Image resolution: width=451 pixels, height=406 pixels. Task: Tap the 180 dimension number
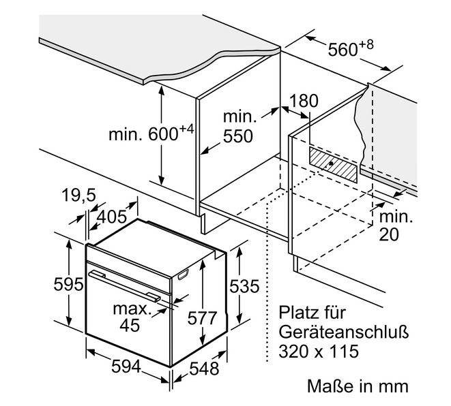pos(304,101)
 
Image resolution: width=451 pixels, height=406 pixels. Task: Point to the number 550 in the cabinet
pos(238,136)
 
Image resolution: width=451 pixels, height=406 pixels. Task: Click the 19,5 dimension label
pos(78,196)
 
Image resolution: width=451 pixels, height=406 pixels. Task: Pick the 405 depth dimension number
pos(112,217)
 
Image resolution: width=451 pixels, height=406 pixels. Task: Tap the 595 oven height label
pos(68,285)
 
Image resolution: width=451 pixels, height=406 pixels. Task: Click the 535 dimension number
pos(244,286)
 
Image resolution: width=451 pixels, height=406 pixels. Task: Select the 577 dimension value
pos(202,318)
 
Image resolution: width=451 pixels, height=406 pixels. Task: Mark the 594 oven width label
pos(126,366)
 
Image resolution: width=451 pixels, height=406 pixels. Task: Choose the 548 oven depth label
pos(204,369)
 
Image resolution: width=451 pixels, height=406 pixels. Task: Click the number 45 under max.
pos(130,326)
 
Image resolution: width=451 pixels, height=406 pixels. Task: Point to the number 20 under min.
pos(389,234)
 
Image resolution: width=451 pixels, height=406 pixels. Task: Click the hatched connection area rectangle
pos(333,165)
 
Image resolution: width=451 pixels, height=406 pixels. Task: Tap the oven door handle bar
pos(125,286)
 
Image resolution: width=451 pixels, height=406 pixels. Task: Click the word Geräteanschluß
pos(344,332)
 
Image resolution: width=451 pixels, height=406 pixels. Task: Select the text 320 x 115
pos(319,351)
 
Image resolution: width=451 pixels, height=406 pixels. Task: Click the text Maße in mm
pos(358,386)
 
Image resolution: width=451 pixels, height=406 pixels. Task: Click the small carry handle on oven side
pos(184,275)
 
